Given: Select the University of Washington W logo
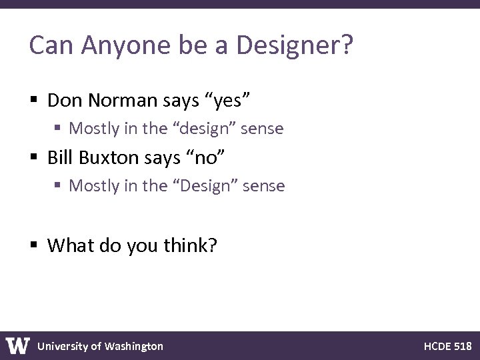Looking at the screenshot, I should tap(18, 345).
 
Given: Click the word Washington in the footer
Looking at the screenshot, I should tap(133, 346).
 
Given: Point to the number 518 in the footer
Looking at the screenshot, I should tap(462, 346).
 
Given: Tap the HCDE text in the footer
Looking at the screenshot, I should tap(437, 346).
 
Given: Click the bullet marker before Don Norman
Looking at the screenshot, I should tap(34, 101).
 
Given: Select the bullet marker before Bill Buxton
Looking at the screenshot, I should tap(34, 159).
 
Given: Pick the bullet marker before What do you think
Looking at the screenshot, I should tap(34, 246).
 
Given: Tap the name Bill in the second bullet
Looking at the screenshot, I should tap(60, 158).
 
